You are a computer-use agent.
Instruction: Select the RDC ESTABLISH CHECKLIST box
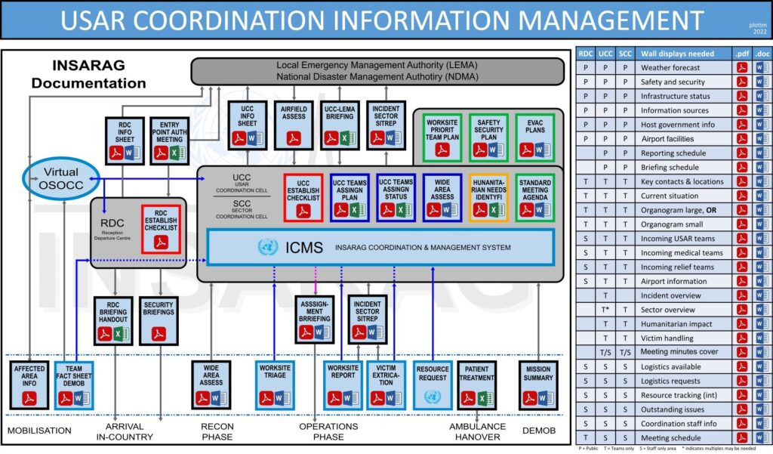click(160, 227)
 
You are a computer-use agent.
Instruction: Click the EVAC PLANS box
click(535, 136)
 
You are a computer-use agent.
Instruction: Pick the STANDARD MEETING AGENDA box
click(535, 197)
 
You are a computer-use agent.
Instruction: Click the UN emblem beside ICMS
click(267, 247)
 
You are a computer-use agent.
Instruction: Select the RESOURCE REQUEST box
click(432, 385)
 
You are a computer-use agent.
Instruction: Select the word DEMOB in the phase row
click(538, 430)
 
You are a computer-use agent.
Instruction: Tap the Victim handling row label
click(667, 338)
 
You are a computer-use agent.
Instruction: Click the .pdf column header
click(741, 54)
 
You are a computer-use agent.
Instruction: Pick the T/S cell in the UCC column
click(605, 352)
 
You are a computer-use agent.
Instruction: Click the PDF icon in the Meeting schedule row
click(742, 437)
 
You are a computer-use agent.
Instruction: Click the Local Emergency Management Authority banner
click(377, 71)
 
